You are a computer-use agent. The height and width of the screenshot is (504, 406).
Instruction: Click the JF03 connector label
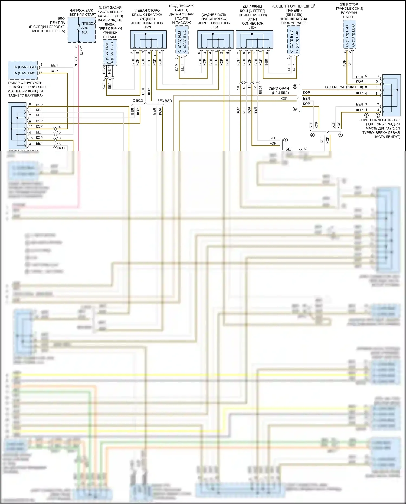[147, 27]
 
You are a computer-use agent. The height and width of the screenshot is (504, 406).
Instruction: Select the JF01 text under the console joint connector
[214, 27]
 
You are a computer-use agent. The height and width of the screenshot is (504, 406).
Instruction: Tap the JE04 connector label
[253, 28]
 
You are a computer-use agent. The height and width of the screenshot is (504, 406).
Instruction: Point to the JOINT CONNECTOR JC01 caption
[379, 120]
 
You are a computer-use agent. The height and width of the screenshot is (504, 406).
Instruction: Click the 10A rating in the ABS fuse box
[84, 32]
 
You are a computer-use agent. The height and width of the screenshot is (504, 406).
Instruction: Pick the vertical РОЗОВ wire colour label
[76, 61]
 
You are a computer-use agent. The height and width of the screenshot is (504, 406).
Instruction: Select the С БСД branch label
[137, 100]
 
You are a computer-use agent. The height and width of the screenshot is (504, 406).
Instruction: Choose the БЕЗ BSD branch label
[165, 101]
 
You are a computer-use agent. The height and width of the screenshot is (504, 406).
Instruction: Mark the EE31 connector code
[260, 90]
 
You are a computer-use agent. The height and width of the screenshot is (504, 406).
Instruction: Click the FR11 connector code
[61, 148]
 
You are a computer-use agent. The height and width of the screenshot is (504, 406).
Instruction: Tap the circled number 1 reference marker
[285, 140]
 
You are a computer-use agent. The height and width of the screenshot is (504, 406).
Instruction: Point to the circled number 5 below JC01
[366, 115]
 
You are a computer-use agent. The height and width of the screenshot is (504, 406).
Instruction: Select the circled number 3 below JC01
[378, 115]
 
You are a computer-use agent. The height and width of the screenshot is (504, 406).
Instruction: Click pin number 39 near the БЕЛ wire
[306, 149]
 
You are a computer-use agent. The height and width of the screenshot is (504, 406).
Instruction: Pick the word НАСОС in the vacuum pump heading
[349, 17]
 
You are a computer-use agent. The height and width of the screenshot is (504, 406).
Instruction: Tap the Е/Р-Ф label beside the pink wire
[81, 50]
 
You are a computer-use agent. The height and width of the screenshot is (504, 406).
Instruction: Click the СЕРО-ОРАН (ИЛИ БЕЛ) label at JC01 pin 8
[344, 87]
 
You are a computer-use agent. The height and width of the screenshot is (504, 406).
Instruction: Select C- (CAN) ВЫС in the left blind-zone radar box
[25, 67]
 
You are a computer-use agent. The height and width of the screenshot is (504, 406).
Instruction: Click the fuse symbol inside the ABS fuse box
[78, 28]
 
